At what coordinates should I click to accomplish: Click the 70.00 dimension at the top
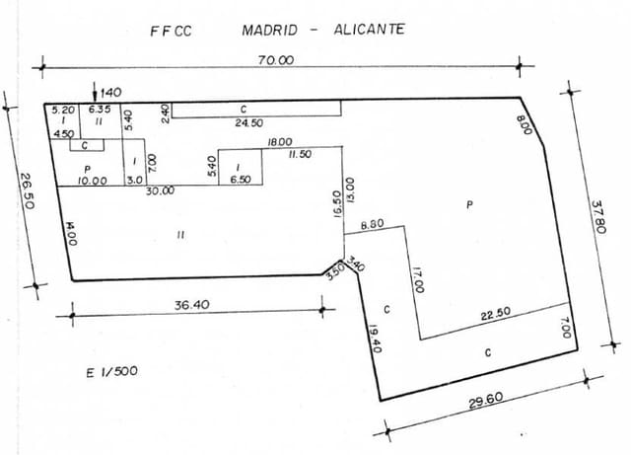[x=276, y=59]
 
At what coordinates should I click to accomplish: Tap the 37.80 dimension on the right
[x=596, y=217]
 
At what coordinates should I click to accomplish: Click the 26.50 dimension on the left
[x=27, y=186]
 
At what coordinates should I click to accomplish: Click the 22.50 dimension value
[x=494, y=316]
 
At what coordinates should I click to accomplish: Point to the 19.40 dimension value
[x=375, y=340]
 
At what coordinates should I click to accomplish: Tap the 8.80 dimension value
[x=373, y=226]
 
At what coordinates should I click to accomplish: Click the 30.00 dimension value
[x=160, y=191]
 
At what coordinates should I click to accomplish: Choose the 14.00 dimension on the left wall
[x=71, y=238]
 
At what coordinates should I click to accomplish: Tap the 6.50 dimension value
[x=239, y=180]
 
